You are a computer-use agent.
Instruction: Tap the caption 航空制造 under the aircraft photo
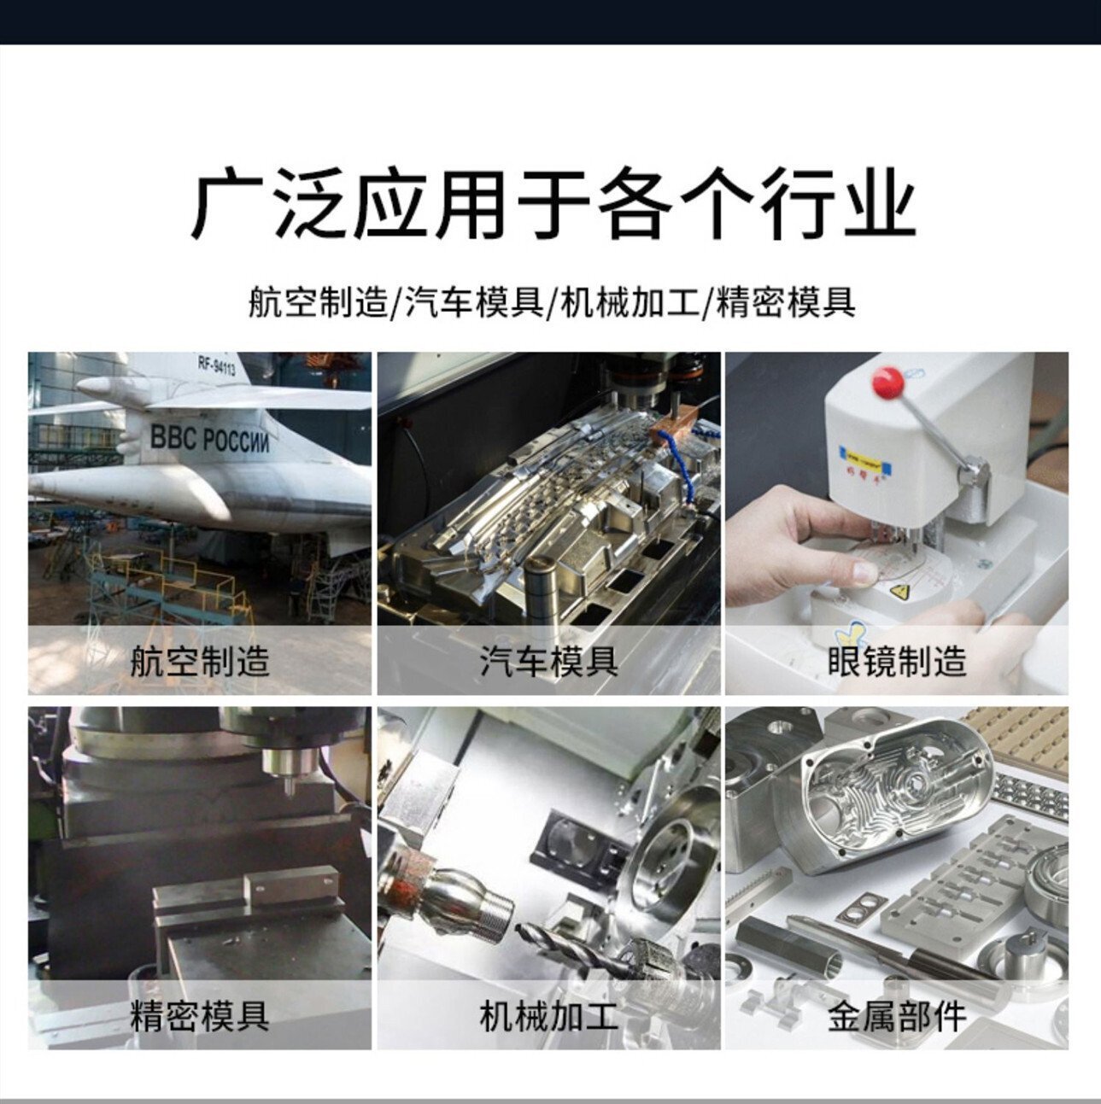point(200,661)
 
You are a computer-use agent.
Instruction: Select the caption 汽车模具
point(548,661)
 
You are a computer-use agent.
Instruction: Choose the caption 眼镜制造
point(897,661)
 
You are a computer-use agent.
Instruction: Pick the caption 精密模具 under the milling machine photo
point(200,1016)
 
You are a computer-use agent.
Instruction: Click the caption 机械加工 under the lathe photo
point(548,1016)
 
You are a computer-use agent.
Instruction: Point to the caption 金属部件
point(897,1016)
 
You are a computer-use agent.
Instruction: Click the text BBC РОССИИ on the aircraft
point(208,440)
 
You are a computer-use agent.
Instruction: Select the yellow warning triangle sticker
point(899,591)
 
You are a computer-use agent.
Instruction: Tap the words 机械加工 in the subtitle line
point(629,303)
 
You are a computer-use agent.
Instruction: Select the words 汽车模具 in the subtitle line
point(474,303)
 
